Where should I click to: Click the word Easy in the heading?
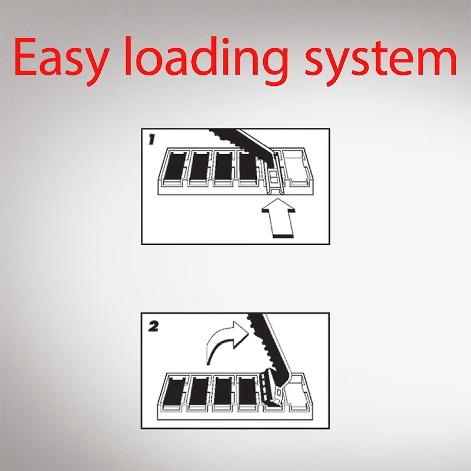61,60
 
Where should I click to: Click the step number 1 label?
152,140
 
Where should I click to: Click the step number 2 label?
154,327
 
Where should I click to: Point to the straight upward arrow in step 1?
278,218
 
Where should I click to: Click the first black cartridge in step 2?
174,392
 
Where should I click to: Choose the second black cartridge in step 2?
200,392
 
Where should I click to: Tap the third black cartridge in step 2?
224,392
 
